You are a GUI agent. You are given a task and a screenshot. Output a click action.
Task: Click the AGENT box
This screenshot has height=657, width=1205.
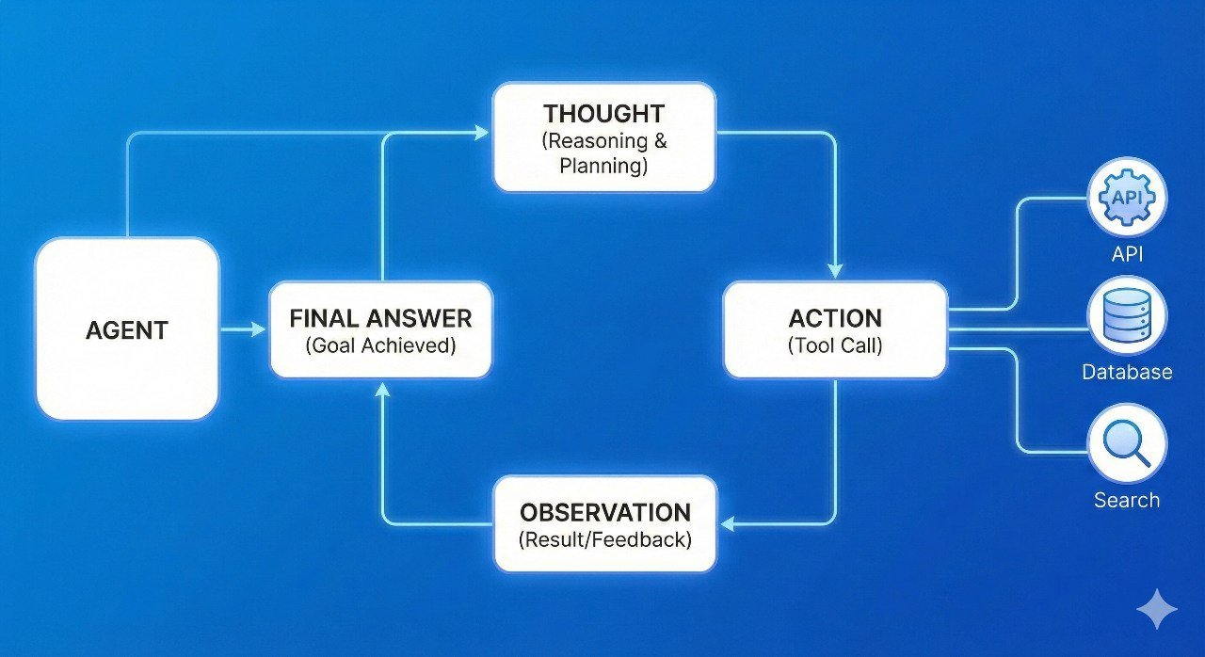127,329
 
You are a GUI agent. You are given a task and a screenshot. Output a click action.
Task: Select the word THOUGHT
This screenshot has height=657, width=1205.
603,114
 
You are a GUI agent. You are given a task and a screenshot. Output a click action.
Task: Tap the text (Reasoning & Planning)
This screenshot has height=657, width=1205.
603,153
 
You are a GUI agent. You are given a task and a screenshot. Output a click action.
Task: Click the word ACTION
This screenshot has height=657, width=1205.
835,317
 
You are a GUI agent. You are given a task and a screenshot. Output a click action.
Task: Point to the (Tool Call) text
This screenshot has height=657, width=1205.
835,345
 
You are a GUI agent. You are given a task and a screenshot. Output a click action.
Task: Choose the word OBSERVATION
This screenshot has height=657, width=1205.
605,513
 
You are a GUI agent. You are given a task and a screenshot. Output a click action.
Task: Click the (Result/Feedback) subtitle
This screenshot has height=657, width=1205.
605,540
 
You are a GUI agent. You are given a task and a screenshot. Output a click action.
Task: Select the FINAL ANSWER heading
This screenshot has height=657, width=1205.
380,318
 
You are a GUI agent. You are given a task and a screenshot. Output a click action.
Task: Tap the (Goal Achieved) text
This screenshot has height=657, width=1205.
380,345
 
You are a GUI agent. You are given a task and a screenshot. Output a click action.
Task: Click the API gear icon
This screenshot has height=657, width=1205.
1127,199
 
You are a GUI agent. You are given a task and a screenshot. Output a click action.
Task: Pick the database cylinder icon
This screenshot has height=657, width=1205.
1127,316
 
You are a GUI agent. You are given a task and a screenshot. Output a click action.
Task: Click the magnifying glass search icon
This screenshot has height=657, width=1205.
1127,443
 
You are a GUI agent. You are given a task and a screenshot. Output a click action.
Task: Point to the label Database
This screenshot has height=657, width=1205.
1127,372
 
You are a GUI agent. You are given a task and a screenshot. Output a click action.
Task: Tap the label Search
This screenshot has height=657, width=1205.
1127,500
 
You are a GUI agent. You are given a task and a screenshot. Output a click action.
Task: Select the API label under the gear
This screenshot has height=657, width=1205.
1127,254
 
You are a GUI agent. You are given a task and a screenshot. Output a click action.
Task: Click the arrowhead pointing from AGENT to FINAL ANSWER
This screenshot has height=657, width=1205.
259,329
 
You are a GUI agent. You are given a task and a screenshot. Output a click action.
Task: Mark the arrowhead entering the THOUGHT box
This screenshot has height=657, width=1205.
483,134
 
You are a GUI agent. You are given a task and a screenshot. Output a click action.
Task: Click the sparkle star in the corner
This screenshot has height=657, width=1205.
1156,610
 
